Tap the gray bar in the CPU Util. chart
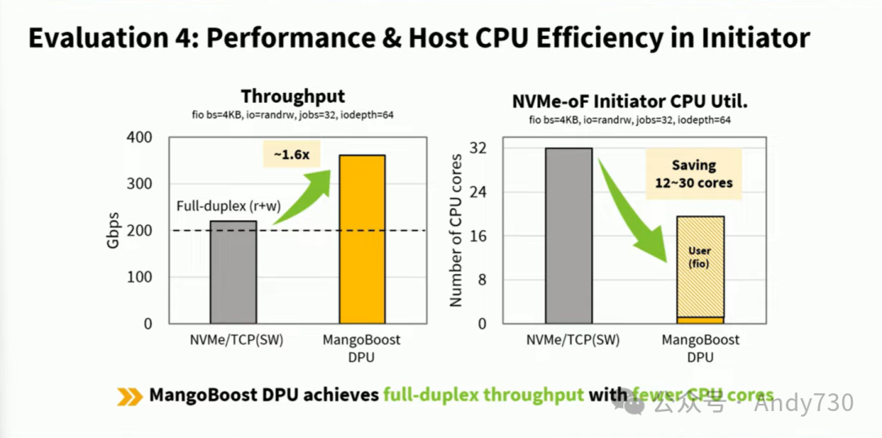568,236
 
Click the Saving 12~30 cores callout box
693,173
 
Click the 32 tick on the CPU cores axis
479,148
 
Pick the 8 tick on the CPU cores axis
483,280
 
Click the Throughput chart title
292,96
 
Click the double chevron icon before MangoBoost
129,396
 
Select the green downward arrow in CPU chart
635,210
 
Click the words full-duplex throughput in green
483,396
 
